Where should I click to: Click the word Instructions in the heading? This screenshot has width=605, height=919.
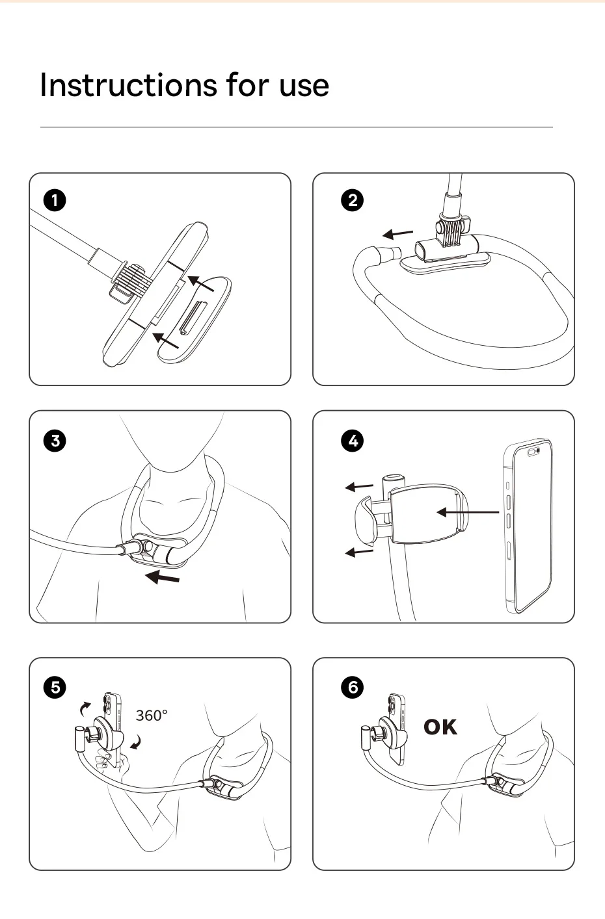(128, 85)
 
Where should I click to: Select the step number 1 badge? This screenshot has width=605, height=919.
(55, 201)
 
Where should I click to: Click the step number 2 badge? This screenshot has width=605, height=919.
(353, 201)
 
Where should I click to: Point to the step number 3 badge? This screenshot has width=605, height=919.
(55, 441)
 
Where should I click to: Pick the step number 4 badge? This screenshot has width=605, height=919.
(353, 441)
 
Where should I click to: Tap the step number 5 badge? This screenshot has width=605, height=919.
(55, 687)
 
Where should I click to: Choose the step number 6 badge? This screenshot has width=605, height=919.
(353, 687)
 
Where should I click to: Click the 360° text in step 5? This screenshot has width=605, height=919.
(152, 716)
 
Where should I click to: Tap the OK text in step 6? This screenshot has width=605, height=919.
(440, 727)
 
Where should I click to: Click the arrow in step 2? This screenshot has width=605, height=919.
(397, 234)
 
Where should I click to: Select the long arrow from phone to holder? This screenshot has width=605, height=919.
(468, 512)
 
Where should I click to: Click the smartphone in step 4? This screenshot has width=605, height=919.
(528, 527)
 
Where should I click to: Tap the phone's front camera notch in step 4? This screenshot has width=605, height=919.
(533, 452)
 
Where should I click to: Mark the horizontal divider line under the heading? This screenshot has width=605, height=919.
(297, 127)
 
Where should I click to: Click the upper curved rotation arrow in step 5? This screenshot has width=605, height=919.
(85, 709)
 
